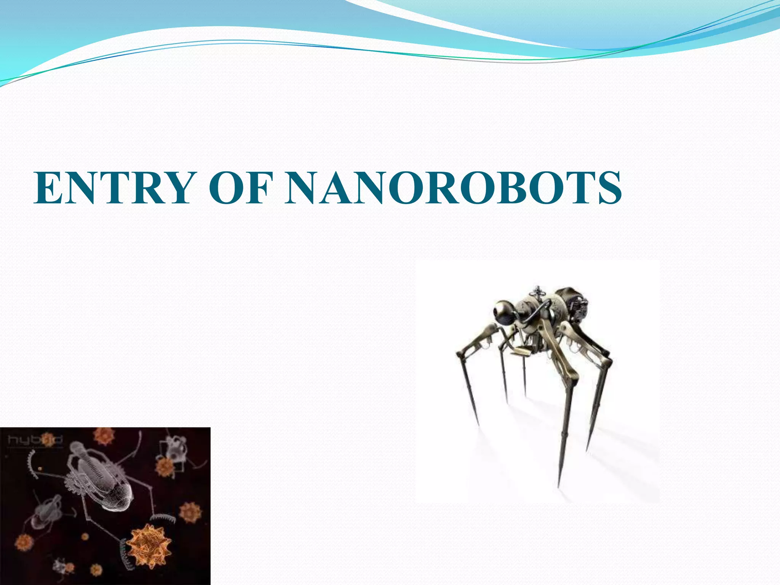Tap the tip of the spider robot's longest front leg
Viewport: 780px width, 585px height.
tap(558, 486)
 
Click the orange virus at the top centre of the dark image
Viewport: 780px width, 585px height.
tap(104, 436)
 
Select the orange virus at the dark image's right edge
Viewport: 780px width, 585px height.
tap(190, 512)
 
